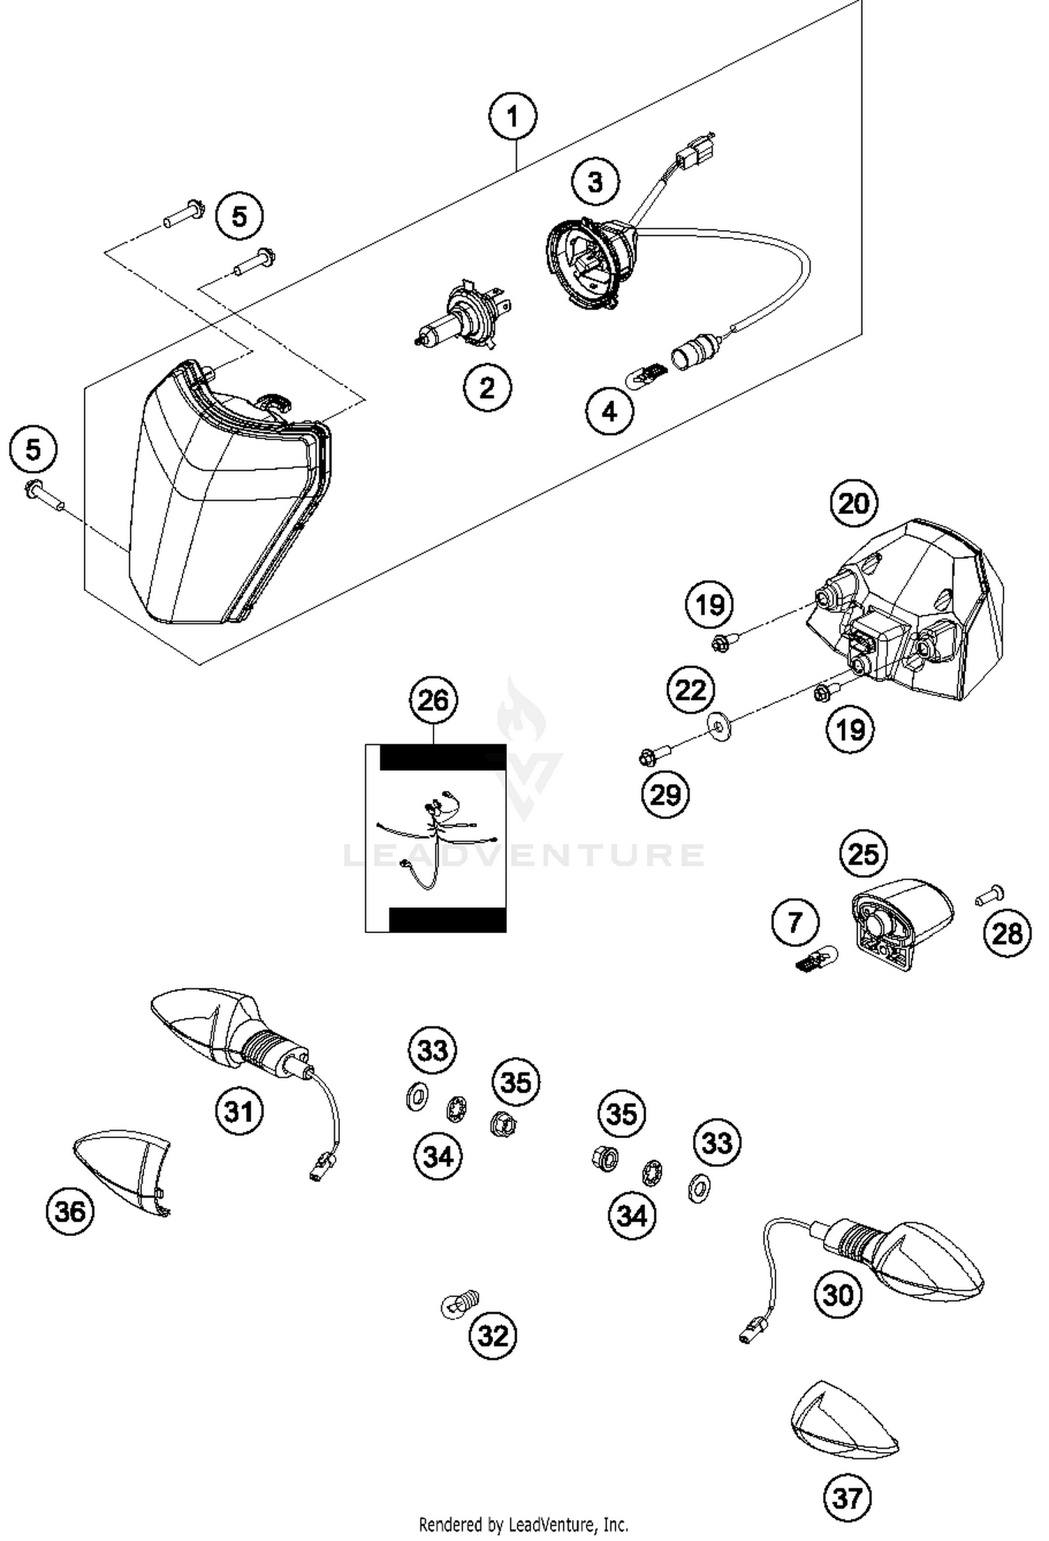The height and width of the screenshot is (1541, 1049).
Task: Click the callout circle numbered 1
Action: [x=513, y=117]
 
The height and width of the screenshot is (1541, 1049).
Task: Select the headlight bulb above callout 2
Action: [x=462, y=315]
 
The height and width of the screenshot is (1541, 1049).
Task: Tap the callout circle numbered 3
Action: [x=595, y=183]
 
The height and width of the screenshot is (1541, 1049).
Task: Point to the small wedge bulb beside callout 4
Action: [x=647, y=369]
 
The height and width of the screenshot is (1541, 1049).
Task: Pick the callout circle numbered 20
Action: [x=853, y=503]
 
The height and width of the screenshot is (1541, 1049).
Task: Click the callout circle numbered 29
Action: [x=665, y=794]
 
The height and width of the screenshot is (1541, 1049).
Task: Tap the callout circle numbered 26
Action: [x=433, y=700]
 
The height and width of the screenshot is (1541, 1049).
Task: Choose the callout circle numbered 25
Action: [x=863, y=853]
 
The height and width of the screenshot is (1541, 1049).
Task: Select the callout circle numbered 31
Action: [x=239, y=1110]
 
